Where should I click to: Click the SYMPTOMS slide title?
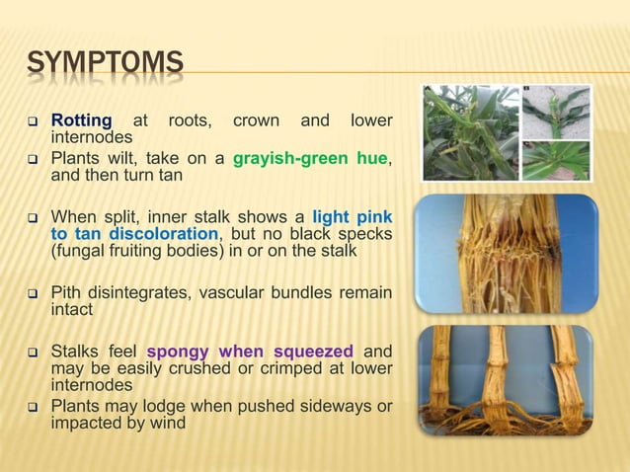105,66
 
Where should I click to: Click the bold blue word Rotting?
81,121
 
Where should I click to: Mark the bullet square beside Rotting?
32,122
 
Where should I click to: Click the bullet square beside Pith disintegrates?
32,293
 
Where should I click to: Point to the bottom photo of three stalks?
505,381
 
